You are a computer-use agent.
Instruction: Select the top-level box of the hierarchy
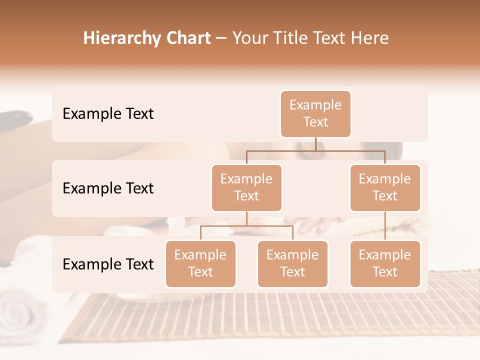[x=315, y=113]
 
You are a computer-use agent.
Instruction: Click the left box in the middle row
[x=246, y=187]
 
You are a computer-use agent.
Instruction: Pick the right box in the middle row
[x=384, y=187]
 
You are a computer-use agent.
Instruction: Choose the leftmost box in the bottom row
[x=200, y=263]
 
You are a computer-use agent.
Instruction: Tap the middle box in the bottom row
[x=292, y=263]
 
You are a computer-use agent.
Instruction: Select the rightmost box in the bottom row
[x=384, y=263]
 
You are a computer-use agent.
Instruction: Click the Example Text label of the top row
[x=108, y=114]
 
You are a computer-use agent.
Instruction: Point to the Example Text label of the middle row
[x=108, y=188]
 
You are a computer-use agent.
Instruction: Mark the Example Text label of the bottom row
[x=108, y=264]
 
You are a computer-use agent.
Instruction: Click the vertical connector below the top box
[x=315, y=144]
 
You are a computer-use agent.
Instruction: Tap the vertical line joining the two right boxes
[x=385, y=226]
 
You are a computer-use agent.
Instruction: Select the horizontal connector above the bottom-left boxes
[x=246, y=226]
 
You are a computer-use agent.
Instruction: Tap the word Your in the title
[x=249, y=38]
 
